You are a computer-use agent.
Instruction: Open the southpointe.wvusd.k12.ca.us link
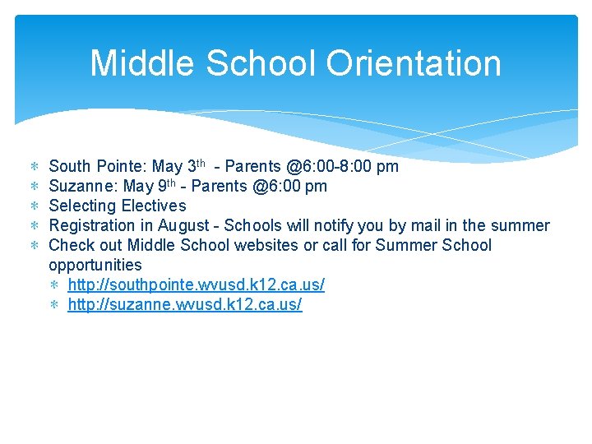pyautogui.click(x=196, y=284)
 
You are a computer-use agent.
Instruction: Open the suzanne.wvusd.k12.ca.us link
pyautogui.click(x=184, y=304)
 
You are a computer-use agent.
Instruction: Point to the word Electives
pyautogui.click(x=154, y=206)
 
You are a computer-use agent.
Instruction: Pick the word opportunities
pyautogui.click(x=95, y=265)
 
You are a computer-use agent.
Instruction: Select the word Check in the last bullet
pyautogui.click(x=72, y=245)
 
